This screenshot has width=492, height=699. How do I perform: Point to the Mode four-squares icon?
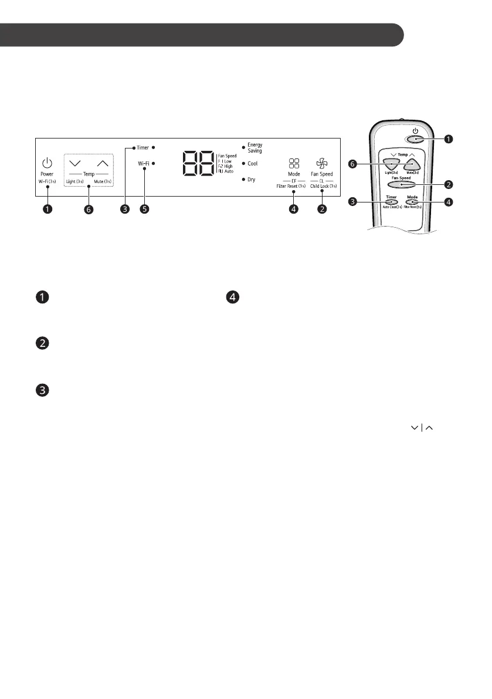[x=294, y=163]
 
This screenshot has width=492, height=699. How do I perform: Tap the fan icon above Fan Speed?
[x=321, y=163]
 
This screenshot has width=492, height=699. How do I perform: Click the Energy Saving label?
[x=255, y=147]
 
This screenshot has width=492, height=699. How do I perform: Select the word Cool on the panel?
[x=252, y=164]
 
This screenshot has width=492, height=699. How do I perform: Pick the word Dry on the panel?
[x=251, y=180]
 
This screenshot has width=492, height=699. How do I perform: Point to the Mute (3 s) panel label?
[x=103, y=183]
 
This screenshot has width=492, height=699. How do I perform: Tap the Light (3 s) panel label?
[x=74, y=183]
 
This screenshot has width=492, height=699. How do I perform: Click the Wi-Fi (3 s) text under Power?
[x=47, y=183]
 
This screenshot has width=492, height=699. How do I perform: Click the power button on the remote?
[x=415, y=139]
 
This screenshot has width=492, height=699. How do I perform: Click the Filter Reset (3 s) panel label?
[x=291, y=185]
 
